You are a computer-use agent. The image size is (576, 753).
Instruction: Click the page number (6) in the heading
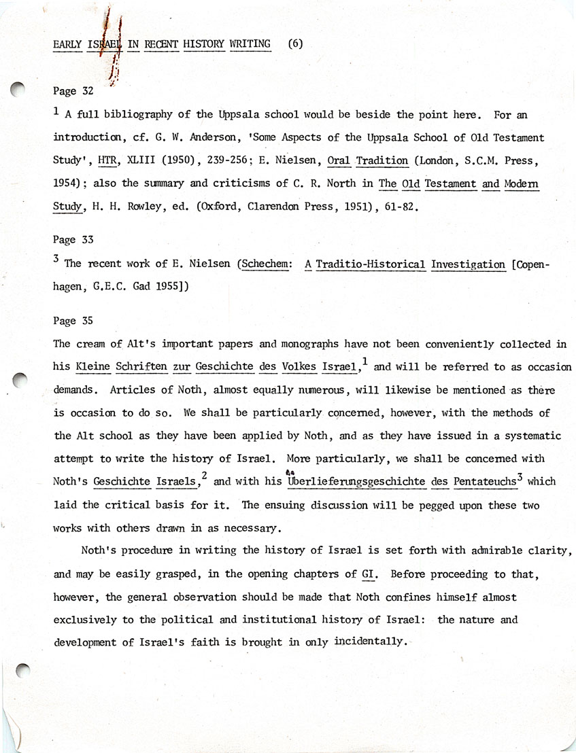coord(295,44)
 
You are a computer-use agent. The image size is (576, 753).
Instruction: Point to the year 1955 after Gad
coord(166,287)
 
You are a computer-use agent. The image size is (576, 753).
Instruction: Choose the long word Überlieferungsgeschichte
coord(357,482)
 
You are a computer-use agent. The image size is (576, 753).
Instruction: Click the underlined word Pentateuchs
coord(483,482)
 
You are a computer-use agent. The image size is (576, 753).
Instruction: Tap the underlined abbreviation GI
coord(369,574)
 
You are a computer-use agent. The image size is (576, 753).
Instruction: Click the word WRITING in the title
coord(250,44)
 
